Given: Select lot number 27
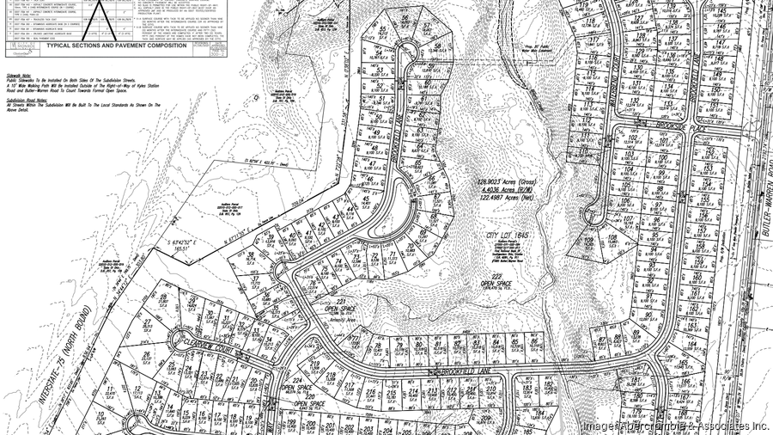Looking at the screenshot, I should click(x=148, y=322).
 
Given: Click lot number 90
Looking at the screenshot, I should click(x=646, y=316).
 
